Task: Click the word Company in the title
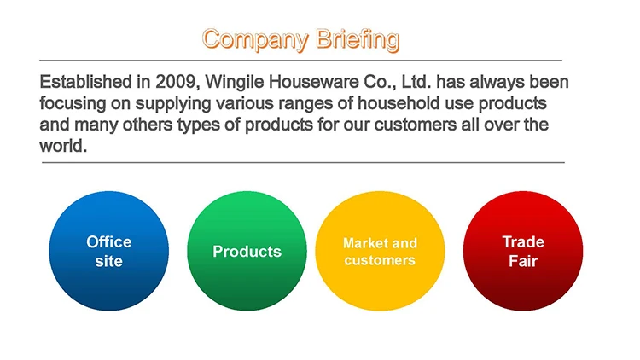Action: pyautogui.click(x=255, y=40)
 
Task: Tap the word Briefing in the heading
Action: pyautogui.click(x=358, y=40)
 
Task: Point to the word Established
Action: pyautogui.click(x=85, y=82)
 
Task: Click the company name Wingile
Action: pyautogui.click(x=234, y=83)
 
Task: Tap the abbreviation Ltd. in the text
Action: pyautogui.click(x=416, y=82)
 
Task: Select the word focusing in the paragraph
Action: pyautogui.click(x=73, y=104)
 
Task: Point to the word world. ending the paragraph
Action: pyautogui.click(x=63, y=146)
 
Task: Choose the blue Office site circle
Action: pyautogui.click(x=109, y=251)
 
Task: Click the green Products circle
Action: pyautogui.click(x=247, y=251)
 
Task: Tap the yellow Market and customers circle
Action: pyautogui.click(x=380, y=251)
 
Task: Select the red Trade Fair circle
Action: pyautogui.click(x=523, y=251)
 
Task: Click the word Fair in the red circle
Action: pyautogui.click(x=523, y=261)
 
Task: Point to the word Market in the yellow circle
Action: pyautogui.click(x=363, y=243)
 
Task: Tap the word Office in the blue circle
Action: pyautogui.click(x=109, y=241)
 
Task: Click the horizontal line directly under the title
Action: pyautogui.click(x=301, y=61)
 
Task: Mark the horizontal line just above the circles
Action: pyautogui.click(x=303, y=162)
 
